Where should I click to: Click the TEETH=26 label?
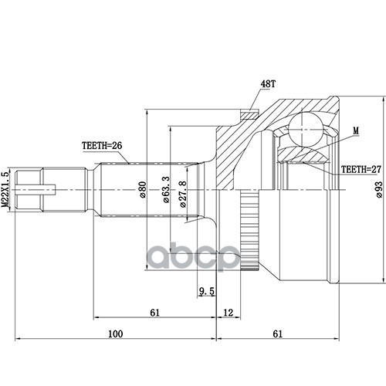pyautogui.click(x=102, y=146)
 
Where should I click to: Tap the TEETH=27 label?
pyautogui.click(x=361, y=169)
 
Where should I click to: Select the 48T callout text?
pyautogui.click(x=268, y=84)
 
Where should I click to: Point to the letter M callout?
pyautogui.click(x=356, y=130)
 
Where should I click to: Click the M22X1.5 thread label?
pyautogui.click(x=5, y=190)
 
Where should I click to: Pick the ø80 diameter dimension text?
pyautogui.click(x=142, y=190)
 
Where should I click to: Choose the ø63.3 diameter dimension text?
pyautogui.click(x=167, y=190)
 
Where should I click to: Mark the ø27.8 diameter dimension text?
pyautogui.click(x=182, y=194)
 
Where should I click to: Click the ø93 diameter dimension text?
pyautogui.click(x=379, y=190)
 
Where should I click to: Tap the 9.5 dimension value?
pyautogui.click(x=207, y=291)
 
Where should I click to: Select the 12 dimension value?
pyautogui.click(x=228, y=313)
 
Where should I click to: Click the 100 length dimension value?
pyautogui.click(x=116, y=334)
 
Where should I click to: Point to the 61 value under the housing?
pyautogui.click(x=277, y=334)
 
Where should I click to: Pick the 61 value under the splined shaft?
pyautogui.click(x=154, y=313)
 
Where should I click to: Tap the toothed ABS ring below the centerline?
pyautogui.click(x=249, y=230)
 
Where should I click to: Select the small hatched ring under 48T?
pyautogui.click(x=249, y=114)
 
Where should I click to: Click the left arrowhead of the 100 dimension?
pyautogui.click(x=18, y=339)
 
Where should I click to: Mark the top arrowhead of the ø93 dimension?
pyautogui.click(x=384, y=99)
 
